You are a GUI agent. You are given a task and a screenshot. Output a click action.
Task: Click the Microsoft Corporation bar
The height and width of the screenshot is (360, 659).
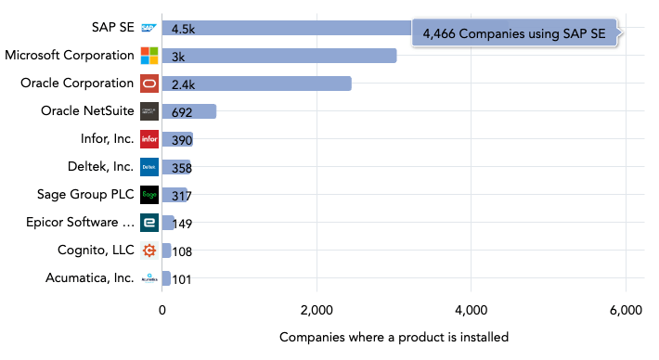tap(278, 56)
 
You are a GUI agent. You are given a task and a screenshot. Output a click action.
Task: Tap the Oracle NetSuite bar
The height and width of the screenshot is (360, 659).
tap(189, 111)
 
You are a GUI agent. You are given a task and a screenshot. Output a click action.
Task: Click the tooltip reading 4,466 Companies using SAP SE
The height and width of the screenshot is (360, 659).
tap(514, 33)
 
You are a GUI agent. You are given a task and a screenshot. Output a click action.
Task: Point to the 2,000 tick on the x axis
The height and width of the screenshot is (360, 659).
tap(317, 311)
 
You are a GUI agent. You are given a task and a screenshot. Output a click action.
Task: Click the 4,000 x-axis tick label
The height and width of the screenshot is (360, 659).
tap(472, 311)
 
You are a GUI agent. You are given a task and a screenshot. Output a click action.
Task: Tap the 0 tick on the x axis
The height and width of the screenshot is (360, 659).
tap(162, 311)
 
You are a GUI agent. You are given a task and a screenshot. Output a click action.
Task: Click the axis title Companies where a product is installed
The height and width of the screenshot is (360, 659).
tap(394, 337)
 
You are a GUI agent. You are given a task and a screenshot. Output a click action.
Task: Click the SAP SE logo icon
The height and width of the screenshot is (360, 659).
tap(149, 29)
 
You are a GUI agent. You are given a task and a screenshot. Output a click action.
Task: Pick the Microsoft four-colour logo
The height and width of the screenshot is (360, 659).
tap(149, 56)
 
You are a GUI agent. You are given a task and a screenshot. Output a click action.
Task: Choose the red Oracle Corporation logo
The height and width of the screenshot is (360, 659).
tap(149, 84)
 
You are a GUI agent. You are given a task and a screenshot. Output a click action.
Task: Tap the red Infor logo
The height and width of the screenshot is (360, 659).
tap(149, 139)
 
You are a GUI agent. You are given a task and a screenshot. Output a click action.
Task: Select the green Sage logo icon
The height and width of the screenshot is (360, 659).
tap(149, 195)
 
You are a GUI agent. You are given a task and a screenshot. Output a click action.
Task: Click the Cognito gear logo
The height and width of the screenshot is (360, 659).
tap(149, 251)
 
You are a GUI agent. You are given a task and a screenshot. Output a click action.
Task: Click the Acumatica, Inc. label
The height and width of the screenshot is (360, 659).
tap(89, 277)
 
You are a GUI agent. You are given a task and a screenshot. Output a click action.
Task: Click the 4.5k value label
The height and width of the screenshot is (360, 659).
tap(184, 29)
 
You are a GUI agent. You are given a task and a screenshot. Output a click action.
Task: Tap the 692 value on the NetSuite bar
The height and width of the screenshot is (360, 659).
tap(183, 112)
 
